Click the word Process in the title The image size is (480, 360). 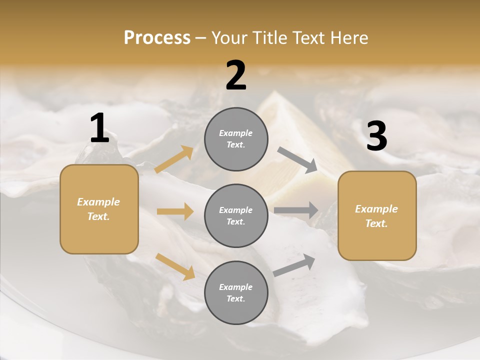point(157,38)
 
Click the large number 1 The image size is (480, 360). point(99,128)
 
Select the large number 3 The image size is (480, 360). point(376,136)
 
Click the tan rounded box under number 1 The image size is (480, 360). point(99,209)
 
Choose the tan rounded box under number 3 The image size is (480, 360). point(377,215)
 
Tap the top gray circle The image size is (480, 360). point(236,139)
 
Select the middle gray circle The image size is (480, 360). point(236,215)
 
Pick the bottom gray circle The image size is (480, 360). point(236,292)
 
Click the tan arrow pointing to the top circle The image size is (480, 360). point(174,159)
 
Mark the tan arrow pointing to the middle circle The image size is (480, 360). point(175,211)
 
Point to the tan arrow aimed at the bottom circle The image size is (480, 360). point(175,266)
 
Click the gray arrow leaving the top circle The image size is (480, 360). point(297,160)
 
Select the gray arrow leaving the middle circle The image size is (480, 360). point(296,210)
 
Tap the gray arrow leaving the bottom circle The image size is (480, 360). point(294,265)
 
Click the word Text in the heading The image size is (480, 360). point(305,38)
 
